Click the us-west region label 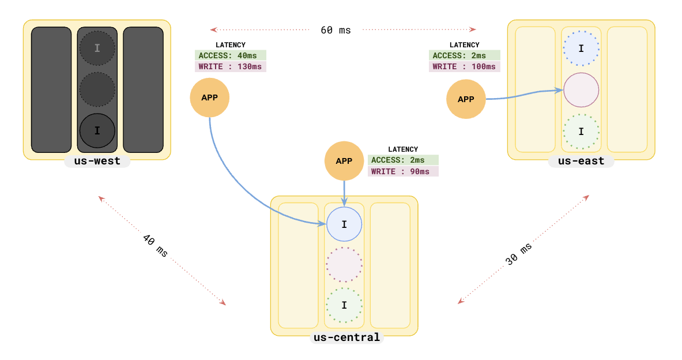tap(97, 161)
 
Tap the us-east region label tap(581, 161)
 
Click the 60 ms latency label tap(336, 30)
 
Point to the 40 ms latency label tap(155, 246)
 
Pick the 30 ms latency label tap(519, 254)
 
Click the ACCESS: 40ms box tap(230, 55)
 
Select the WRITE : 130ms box tap(230, 66)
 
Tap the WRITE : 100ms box tap(464, 66)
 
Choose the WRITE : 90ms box tap(403, 171)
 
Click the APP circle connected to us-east tap(466, 99)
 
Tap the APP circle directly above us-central tap(344, 161)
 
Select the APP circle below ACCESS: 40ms tap(210, 97)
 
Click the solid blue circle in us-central tap(344, 224)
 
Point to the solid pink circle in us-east tap(581, 90)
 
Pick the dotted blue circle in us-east tap(581, 48)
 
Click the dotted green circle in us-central tap(344, 305)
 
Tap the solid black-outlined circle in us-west tap(97, 130)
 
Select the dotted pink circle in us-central tap(344, 265)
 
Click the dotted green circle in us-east tap(581, 132)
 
